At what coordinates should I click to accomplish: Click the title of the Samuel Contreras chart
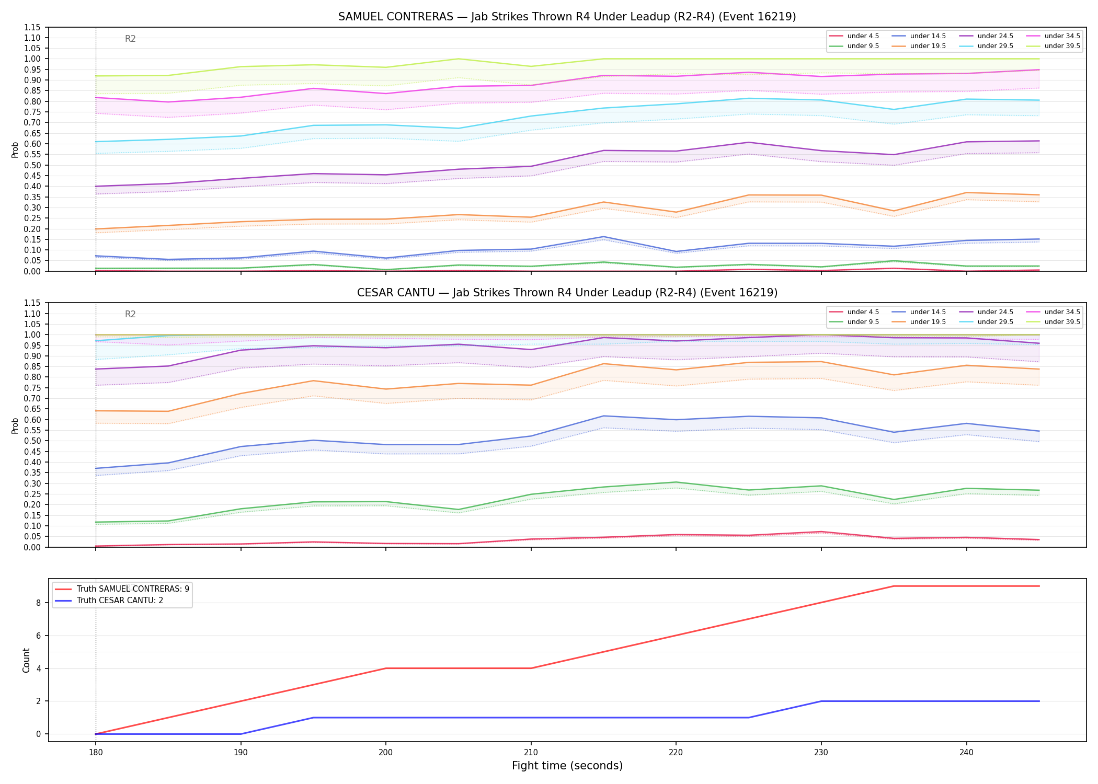567,17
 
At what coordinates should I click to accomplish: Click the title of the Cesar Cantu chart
567,293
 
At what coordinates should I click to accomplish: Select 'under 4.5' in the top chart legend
863,36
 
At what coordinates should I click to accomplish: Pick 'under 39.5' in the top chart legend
1062,46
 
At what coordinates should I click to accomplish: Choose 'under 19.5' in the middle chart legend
928,322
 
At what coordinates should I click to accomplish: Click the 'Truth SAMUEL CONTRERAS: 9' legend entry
133,589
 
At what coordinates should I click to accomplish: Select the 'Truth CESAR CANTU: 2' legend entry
120,601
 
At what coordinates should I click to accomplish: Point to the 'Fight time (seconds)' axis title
567,766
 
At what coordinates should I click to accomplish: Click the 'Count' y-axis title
26,660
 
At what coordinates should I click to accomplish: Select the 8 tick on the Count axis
38,603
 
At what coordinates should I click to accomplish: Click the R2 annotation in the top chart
130,39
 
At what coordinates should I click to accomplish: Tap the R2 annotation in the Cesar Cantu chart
130,314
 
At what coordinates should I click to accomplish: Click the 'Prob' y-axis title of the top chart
15,149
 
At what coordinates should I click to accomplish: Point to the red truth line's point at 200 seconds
386,668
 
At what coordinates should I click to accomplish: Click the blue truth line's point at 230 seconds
821,701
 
